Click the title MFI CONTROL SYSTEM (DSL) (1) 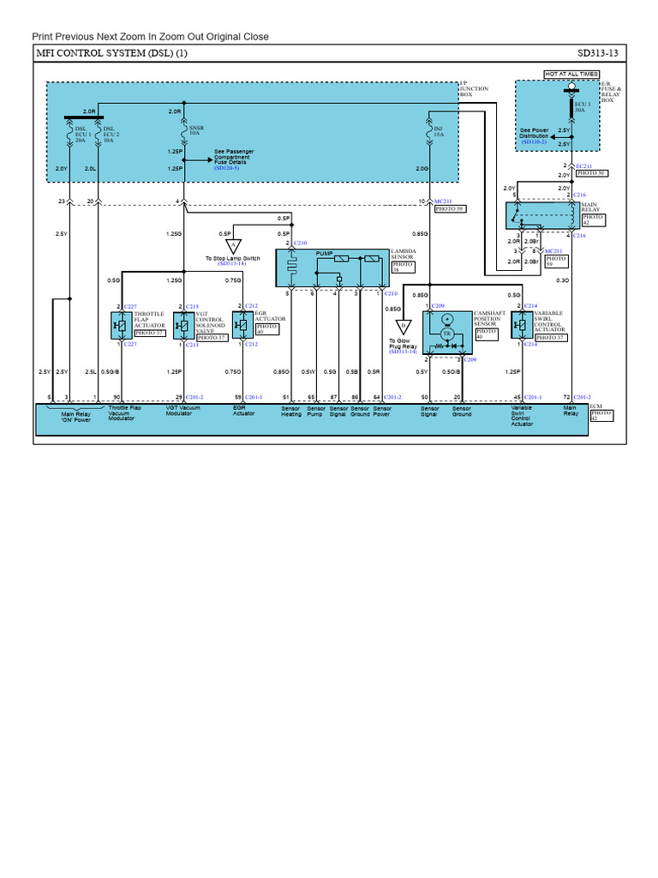tap(111, 53)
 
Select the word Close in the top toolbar tap(254, 36)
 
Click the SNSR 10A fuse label tap(195, 130)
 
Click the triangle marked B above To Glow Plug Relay tap(403, 328)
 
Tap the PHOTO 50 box tap(590, 173)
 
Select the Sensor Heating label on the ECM tap(291, 412)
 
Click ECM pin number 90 tap(117, 397)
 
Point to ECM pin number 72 tap(565, 397)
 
